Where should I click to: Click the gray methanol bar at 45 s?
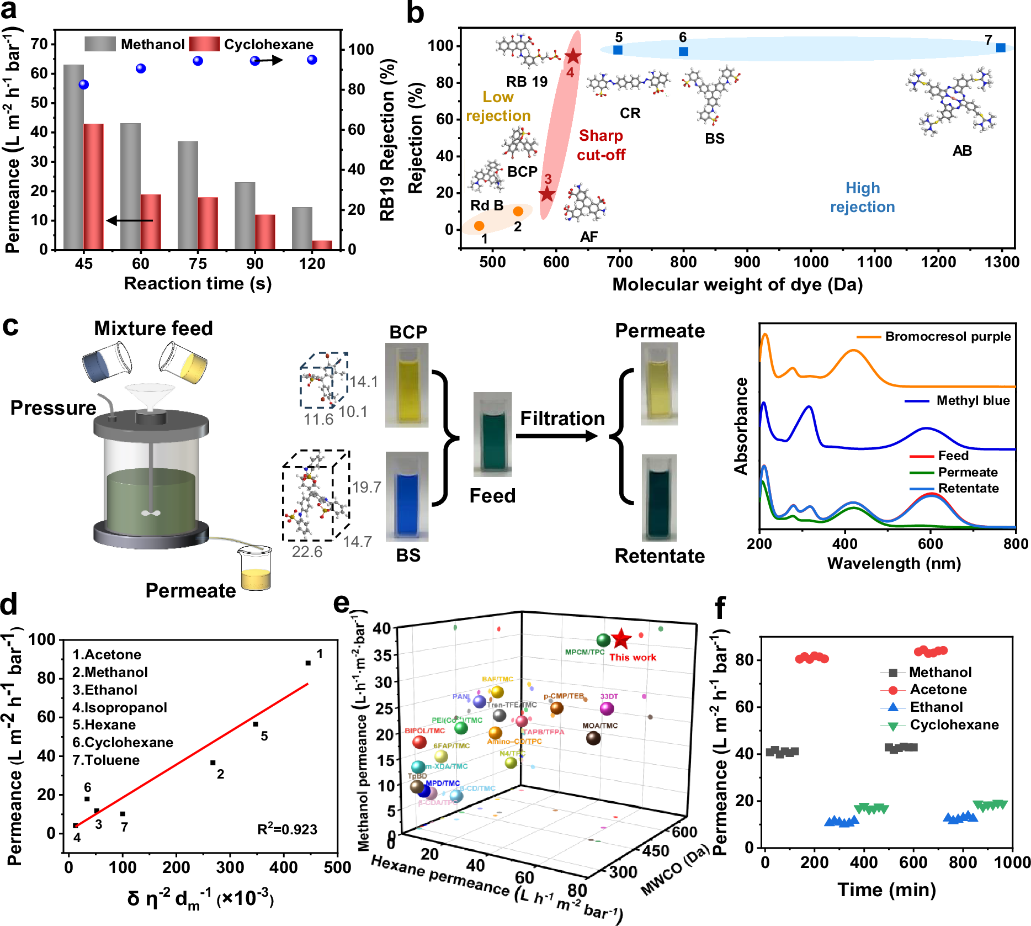pos(73,157)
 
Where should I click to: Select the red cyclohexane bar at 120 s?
pos(322,245)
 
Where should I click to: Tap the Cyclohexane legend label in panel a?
pos(268,44)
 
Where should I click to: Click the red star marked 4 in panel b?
pos(573,56)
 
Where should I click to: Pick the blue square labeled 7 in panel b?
pos(1001,48)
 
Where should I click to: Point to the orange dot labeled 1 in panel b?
pos(479,225)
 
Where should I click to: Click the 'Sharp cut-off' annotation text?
pos(601,145)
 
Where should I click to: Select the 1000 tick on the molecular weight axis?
pos(811,261)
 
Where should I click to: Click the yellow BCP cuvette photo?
pos(407,385)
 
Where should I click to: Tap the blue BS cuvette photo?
pos(407,495)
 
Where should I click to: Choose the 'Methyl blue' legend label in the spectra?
pos(972,400)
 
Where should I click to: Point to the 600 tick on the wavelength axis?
pos(930,544)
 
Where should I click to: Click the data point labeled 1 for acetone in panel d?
pos(308,663)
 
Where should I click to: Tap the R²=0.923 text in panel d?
pos(287,829)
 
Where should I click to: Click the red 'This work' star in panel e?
pos(621,639)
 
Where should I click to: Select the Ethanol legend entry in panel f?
pos(936,707)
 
